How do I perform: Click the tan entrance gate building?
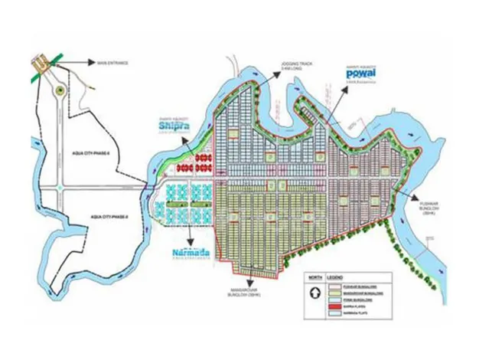click(x=40, y=63)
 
